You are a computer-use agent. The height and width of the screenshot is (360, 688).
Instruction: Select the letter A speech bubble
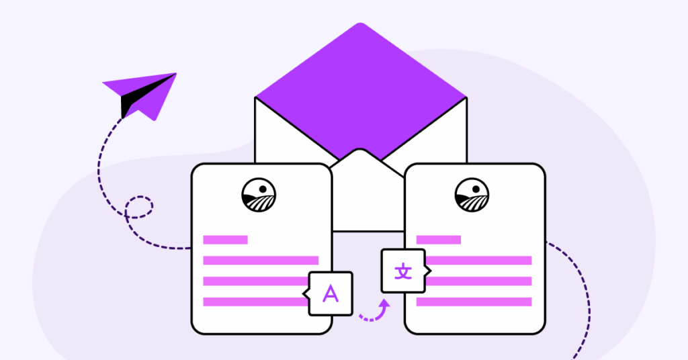click(x=330, y=294)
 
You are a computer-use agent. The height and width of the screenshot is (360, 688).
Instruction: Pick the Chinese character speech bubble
click(x=404, y=271)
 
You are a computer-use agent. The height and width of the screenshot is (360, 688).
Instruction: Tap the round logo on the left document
click(x=259, y=195)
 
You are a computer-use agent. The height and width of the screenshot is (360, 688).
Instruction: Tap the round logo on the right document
click(x=472, y=195)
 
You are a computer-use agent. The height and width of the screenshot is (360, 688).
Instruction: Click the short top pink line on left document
click(x=226, y=240)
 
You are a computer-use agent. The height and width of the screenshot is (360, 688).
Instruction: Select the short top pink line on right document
click(x=439, y=240)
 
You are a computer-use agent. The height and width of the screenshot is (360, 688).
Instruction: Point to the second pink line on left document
click(x=261, y=261)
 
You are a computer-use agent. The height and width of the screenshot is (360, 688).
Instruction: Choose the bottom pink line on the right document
click(x=474, y=302)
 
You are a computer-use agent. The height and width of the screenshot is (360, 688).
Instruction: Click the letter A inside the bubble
click(x=331, y=294)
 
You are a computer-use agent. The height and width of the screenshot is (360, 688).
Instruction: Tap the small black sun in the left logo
click(x=263, y=189)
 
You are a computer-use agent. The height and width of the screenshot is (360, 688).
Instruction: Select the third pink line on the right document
click(x=478, y=281)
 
